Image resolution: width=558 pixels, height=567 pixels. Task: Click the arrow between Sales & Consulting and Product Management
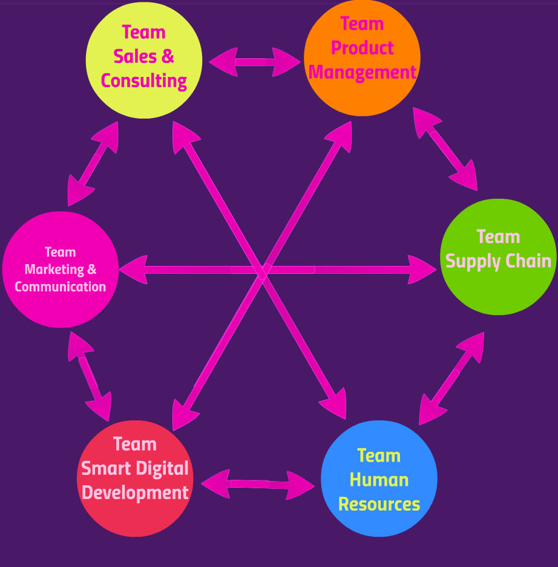pos(254,62)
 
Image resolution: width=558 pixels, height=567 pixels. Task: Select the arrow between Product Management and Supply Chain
pos(445,148)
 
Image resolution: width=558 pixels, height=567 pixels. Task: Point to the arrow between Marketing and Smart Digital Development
pos(90,376)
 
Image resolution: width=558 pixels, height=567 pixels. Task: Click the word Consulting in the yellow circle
pos(144,81)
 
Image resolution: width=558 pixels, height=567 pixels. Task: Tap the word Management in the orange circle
pos(362,73)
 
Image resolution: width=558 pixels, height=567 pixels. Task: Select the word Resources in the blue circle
pos(379,504)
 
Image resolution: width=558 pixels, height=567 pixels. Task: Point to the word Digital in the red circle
pos(160,468)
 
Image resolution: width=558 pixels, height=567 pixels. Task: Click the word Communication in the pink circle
pos(61,287)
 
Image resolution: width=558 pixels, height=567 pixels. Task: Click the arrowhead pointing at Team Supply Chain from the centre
pos(422,269)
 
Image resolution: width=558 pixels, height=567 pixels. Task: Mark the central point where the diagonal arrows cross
pos(263,270)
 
